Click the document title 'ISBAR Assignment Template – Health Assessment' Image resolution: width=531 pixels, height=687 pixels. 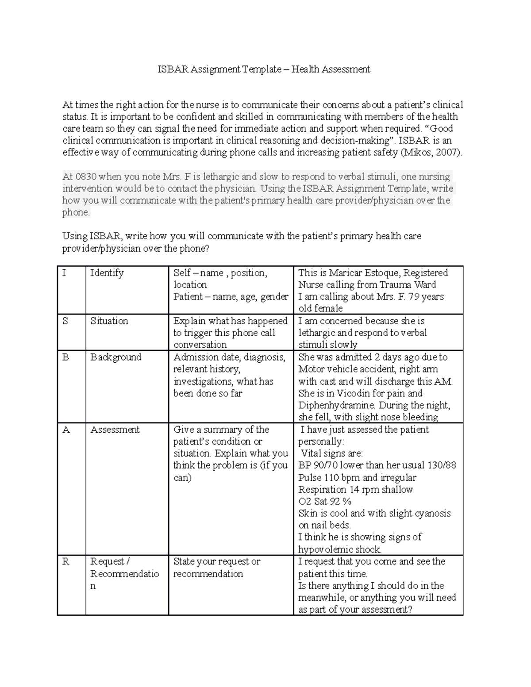click(265, 69)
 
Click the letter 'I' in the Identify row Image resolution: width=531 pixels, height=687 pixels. click(64, 273)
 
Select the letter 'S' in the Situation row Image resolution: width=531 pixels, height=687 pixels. click(65, 321)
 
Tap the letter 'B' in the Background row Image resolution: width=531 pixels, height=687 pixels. click(65, 357)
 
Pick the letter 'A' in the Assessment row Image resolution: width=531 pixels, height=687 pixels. click(66, 430)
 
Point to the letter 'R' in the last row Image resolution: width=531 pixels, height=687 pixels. click(66, 561)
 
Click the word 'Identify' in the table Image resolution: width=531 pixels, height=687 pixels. click(107, 273)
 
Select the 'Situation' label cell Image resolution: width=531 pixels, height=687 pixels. click(109, 321)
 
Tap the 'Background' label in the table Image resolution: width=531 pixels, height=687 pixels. click(115, 357)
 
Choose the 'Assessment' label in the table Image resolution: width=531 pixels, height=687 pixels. click(115, 430)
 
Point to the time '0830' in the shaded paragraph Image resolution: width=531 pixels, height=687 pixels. click(85, 177)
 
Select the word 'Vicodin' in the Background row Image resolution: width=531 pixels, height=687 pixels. click(354, 394)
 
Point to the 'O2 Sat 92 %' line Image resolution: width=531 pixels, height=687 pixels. click(325, 502)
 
